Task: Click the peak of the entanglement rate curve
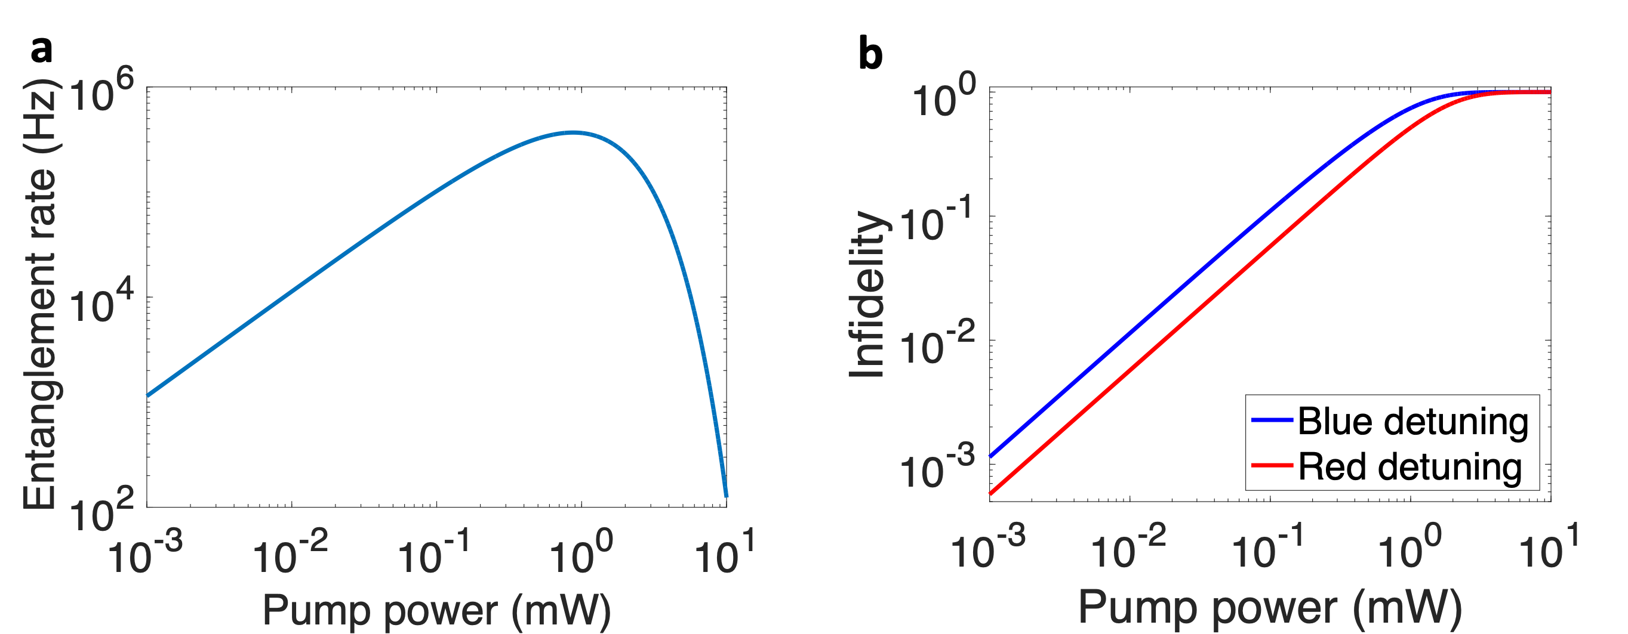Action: click(x=573, y=132)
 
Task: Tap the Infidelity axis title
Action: click(x=867, y=294)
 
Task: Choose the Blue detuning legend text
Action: click(x=1413, y=421)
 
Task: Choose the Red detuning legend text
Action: click(x=1410, y=466)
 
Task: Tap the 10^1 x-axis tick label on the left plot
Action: click(x=725, y=551)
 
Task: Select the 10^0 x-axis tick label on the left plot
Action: click(x=581, y=551)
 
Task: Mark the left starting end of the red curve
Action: click(x=991, y=494)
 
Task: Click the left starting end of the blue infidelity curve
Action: click(x=991, y=456)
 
